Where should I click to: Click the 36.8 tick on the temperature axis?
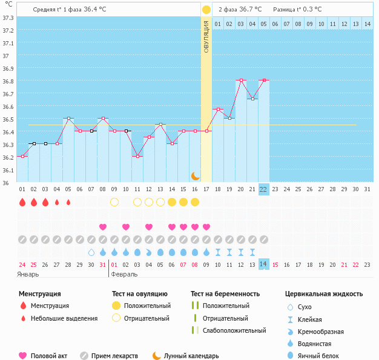8,81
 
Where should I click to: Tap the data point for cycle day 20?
241,80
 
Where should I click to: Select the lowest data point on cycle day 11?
137,156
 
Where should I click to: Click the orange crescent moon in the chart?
196,176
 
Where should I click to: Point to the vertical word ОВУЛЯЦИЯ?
206,37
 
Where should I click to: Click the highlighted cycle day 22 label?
263,189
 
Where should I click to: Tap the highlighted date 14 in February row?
263,264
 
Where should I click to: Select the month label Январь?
28,275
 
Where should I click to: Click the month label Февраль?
124,275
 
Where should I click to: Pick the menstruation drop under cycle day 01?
22,202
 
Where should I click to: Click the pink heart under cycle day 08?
103,227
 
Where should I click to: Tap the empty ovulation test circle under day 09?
114,202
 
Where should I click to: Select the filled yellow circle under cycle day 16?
195,202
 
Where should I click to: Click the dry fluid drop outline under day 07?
91,252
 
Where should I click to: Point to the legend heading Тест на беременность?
225,294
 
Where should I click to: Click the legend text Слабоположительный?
234,330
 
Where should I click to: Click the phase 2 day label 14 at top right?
367,24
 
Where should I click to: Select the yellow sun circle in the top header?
206,10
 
